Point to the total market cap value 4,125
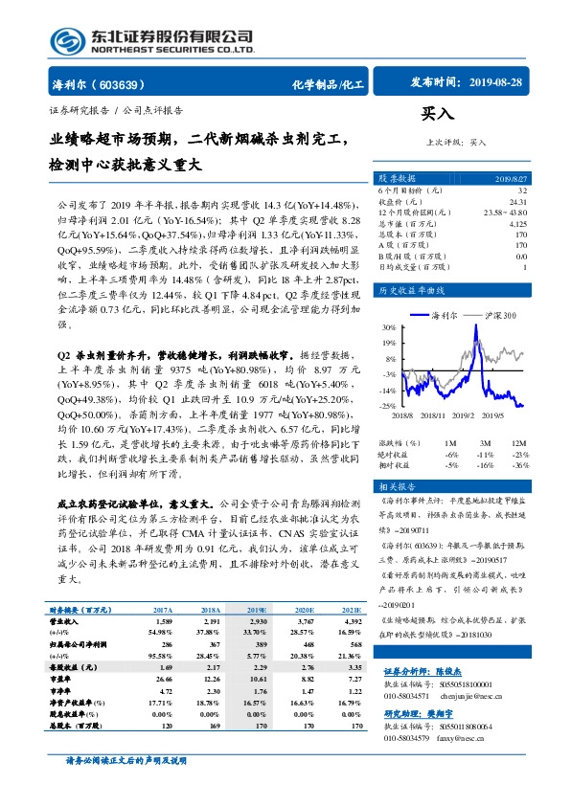click(x=518, y=221)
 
